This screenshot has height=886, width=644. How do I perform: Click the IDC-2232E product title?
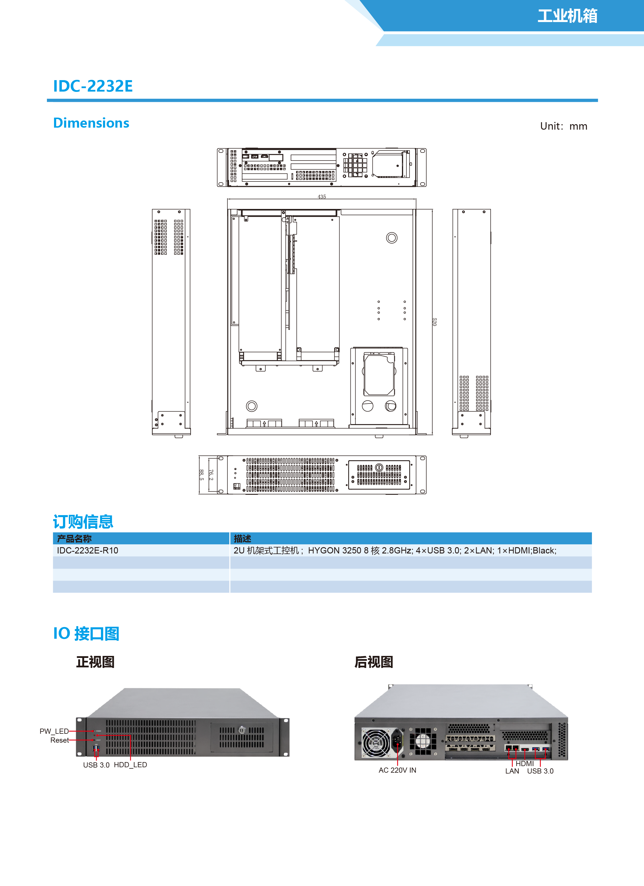pyautogui.click(x=93, y=86)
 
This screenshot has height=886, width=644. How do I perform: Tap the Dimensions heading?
pyautogui.click(x=91, y=123)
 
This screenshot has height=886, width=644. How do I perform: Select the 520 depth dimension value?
pyautogui.click(x=434, y=321)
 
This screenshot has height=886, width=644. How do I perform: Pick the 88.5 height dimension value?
pyautogui.click(x=201, y=475)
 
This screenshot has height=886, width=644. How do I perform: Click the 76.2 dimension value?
pyautogui.click(x=211, y=475)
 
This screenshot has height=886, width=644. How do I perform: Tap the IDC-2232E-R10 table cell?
pyautogui.click(x=88, y=550)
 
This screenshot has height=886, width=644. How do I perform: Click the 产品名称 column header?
pyautogui.click(x=74, y=539)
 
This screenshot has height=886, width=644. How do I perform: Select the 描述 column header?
pyautogui.click(x=242, y=539)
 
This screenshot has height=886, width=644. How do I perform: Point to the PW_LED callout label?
pyautogui.click(x=54, y=731)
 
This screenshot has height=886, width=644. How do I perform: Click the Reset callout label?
pyautogui.click(x=59, y=740)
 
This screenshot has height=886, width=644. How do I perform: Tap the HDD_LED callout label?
pyautogui.click(x=130, y=765)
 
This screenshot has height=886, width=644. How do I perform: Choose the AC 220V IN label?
pyautogui.click(x=397, y=770)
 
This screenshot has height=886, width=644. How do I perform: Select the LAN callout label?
pyautogui.click(x=512, y=771)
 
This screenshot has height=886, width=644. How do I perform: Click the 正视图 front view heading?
pyautogui.click(x=95, y=662)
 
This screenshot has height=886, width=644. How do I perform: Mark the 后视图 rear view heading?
pyautogui.click(x=373, y=662)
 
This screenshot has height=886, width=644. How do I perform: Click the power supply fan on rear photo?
pyautogui.click(x=376, y=743)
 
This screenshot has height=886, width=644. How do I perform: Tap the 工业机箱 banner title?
pyautogui.click(x=567, y=16)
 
